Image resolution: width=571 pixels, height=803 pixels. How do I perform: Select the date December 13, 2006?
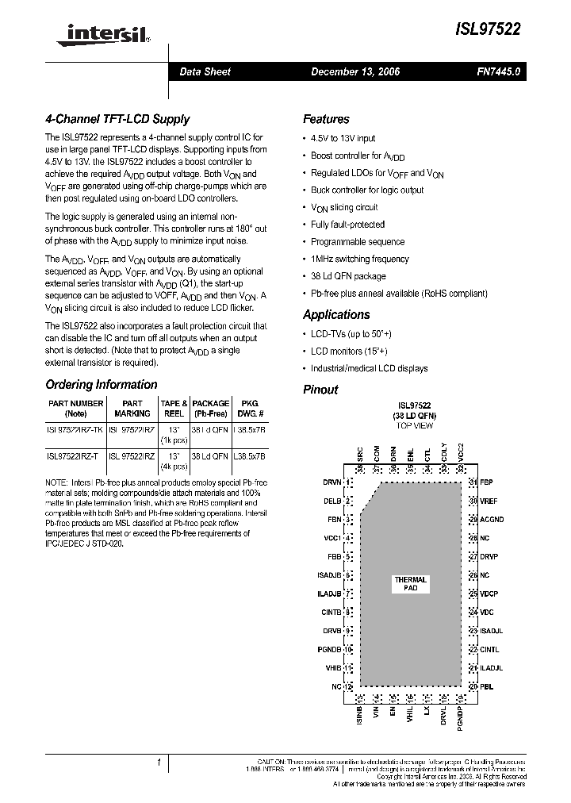[x=354, y=71]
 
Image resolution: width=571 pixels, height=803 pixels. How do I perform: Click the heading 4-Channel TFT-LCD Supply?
[x=117, y=119]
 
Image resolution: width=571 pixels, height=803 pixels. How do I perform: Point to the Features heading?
[x=326, y=119]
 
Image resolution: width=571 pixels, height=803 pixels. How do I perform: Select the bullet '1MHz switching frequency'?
[x=359, y=259]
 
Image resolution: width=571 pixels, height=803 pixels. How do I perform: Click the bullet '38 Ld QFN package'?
[x=348, y=276]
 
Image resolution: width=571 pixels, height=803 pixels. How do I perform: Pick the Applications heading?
[x=336, y=314]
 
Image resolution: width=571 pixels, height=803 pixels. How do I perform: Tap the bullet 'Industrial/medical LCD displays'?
[x=369, y=368]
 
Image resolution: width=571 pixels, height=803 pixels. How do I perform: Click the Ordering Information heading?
[x=101, y=385]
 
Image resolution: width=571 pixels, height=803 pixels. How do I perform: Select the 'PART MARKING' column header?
[x=132, y=408]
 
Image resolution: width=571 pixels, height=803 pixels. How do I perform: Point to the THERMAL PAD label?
[x=410, y=584]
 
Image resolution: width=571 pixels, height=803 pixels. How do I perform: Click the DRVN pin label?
[x=331, y=482]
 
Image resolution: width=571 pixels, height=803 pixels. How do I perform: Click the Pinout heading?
[x=320, y=390]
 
